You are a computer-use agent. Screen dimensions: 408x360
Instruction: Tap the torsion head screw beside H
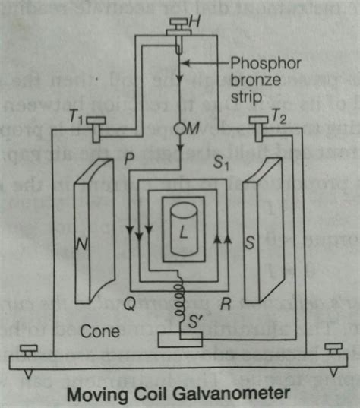pyautogui.click(x=173, y=31)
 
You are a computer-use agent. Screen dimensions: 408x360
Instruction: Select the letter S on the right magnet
pyautogui.click(x=270, y=244)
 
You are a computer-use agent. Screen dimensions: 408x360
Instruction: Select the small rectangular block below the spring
pyautogui.click(x=179, y=339)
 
